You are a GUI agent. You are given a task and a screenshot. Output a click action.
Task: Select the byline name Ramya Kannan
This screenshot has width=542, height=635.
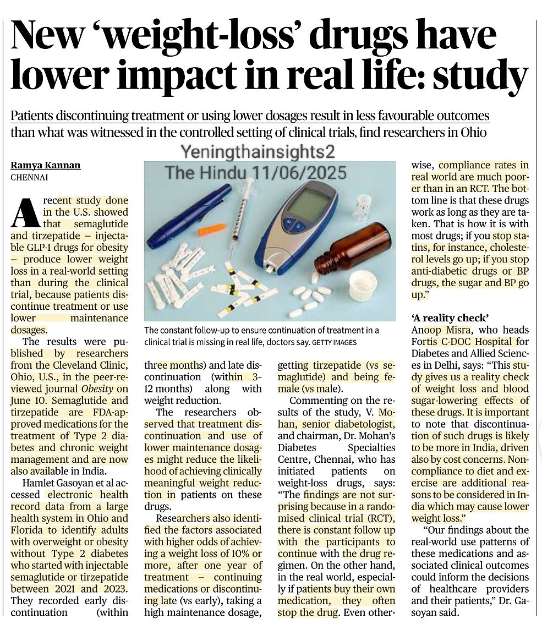pyautogui.click(x=45, y=165)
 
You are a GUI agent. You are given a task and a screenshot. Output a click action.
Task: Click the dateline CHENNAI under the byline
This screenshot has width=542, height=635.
pyautogui.click(x=29, y=177)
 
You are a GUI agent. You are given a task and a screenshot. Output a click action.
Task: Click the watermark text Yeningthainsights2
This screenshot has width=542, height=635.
pyautogui.click(x=258, y=152)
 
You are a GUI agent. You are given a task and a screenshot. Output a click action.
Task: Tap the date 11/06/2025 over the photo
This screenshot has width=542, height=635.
pyautogui.click(x=299, y=173)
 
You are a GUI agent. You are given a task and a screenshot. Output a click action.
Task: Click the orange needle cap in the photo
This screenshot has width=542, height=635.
pyautogui.click(x=211, y=229)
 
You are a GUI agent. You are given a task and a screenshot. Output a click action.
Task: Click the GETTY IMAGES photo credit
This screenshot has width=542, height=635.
pyautogui.click(x=335, y=343)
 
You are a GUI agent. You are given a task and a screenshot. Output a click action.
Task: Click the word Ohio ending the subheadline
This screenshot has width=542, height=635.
pyautogui.click(x=473, y=133)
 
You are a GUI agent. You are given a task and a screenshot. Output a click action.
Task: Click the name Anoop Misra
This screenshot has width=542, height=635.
pyautogui.click(x=436, y=330)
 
